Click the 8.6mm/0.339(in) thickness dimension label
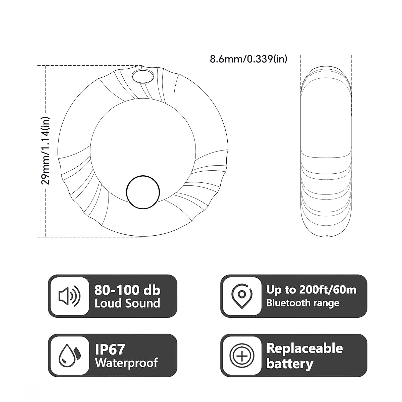click(248, 59)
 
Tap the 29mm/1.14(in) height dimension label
click(46, 151)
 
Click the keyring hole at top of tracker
click(142, 76)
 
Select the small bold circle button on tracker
click(143, 192)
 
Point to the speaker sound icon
click(69, 296)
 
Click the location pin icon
click(242, 296)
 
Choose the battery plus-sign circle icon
click(242, 356)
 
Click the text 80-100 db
click(127, 290)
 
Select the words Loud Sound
click(127, 303)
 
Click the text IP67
click(110, 349)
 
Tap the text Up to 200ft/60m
click(311, 290)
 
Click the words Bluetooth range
click(303, 303)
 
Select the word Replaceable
click(305, 348)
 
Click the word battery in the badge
click(289, 364)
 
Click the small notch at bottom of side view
click(327, 236)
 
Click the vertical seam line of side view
click(326, 151)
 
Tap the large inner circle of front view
click(143, 141)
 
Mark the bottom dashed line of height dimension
click(90, 237)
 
